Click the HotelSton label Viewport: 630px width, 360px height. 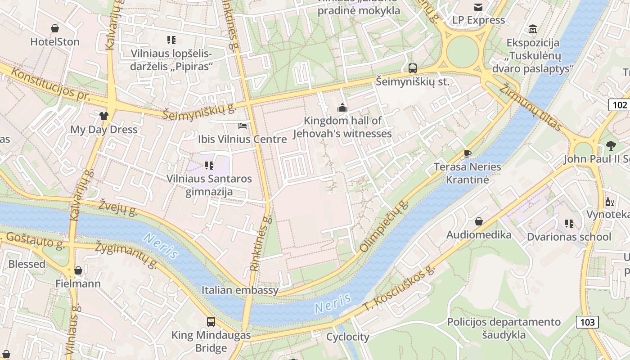pyautogui.click(x=54, y=42)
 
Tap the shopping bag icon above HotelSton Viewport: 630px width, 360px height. pyautogui.click(x=55, y=29)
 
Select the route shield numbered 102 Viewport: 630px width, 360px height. pyautogui.click(x=620, y=105)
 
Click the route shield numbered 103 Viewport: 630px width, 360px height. pyautogui.click(x=587, y=322)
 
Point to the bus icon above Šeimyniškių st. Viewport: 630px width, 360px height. pyautogui.click(x=412, y=68)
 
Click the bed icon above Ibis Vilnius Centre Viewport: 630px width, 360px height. pyautogui.click(x=243, y=126)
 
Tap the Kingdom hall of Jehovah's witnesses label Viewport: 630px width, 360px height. pyautogui.click(x=342, y=127)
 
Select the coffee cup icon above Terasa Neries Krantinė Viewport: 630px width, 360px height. pyautogui.click(x=468, y=153)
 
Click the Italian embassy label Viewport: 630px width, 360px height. pyautogui.click(x=240, y=290)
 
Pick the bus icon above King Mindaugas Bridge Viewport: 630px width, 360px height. pyautogui.click(x=211, y=321)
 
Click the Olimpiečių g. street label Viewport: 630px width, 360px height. pyautogui.click(x=384, y=226)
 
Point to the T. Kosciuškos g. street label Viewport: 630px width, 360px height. pyautogui.click(x=400, y=288)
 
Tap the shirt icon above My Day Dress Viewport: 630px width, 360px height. pyautogui.click(x=104, y=116)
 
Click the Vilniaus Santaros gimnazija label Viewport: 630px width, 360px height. pyautogui.click(x=209, y=185)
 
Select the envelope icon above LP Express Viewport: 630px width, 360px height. pyautogui.click(x=478, y=7)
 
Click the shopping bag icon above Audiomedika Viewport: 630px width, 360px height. pyautogui.click(x=479, y=221)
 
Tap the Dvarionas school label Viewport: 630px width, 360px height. pyautogui.click(x=569, y=237)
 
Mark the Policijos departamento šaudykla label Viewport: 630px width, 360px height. pyautogui.click(x=504, y=328)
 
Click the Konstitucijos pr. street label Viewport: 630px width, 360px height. pyautogui.click(x=49, y=84)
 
